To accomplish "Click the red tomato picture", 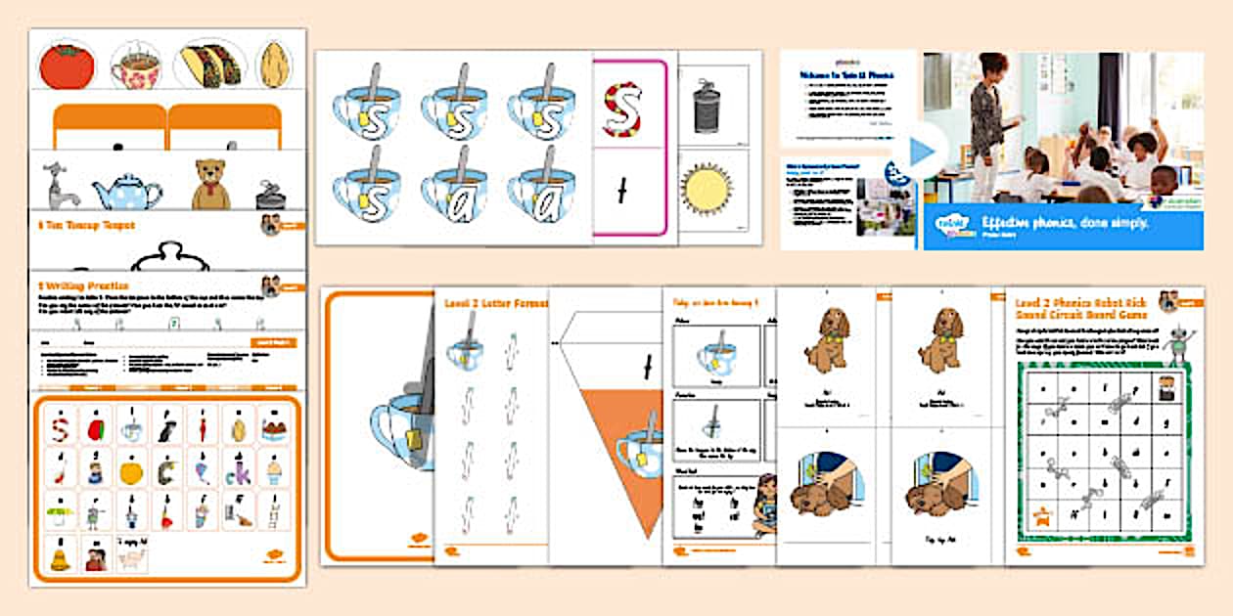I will [67, 66].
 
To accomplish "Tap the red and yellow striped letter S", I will [622, 108].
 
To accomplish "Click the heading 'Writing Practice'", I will [81, 286].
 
